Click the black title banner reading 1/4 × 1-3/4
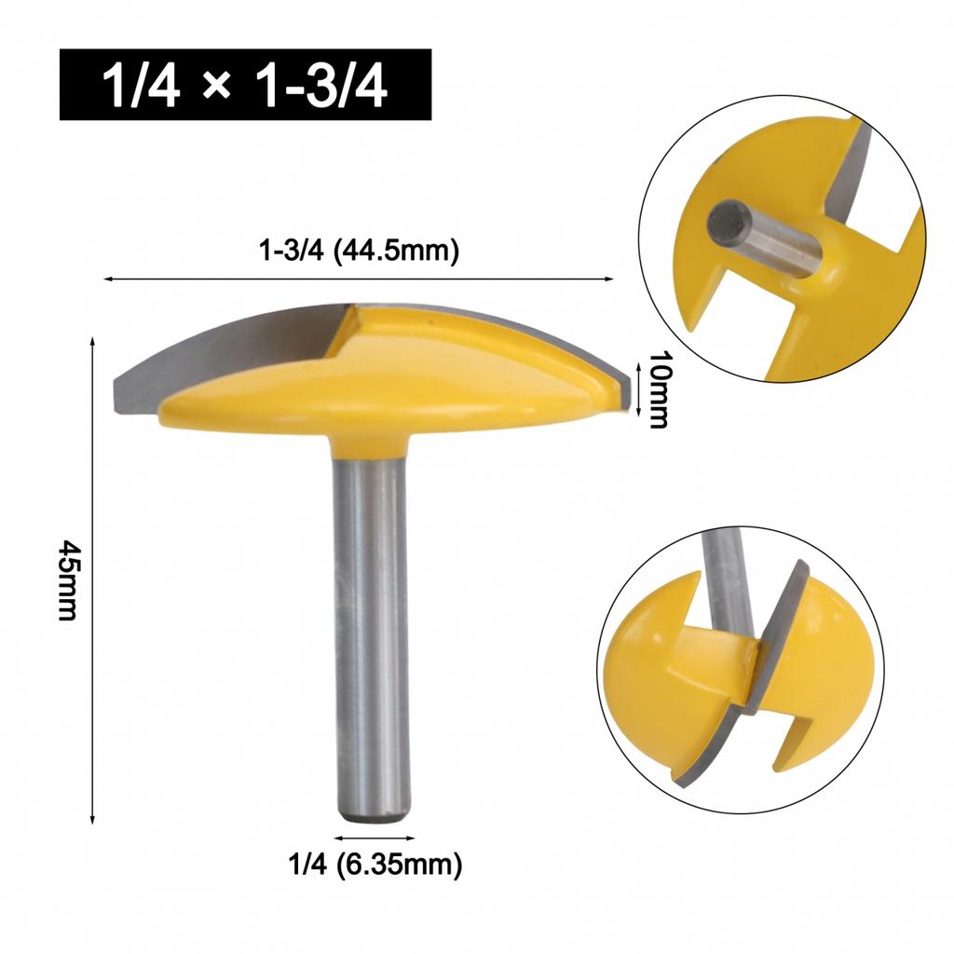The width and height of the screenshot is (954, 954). pyautogui.click(x=246, y=85)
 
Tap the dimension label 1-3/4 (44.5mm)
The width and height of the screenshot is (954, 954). pyautogui.click(x=359, y=252)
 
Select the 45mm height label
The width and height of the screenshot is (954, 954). pyautogui.click(x=66, y=583)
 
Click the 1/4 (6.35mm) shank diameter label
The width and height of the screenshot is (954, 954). pyautogui.click(x=375, y=865)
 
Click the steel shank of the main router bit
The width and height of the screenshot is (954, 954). pyautogui.click(x=371, y=634)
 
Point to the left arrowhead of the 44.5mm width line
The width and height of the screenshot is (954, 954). pyautogui.click(x=108, y=278)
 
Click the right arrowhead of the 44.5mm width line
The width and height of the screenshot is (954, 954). pyautogui.click(x=610, y=278)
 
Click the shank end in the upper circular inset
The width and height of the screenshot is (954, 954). pyautogui.click(x=724, y=221)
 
